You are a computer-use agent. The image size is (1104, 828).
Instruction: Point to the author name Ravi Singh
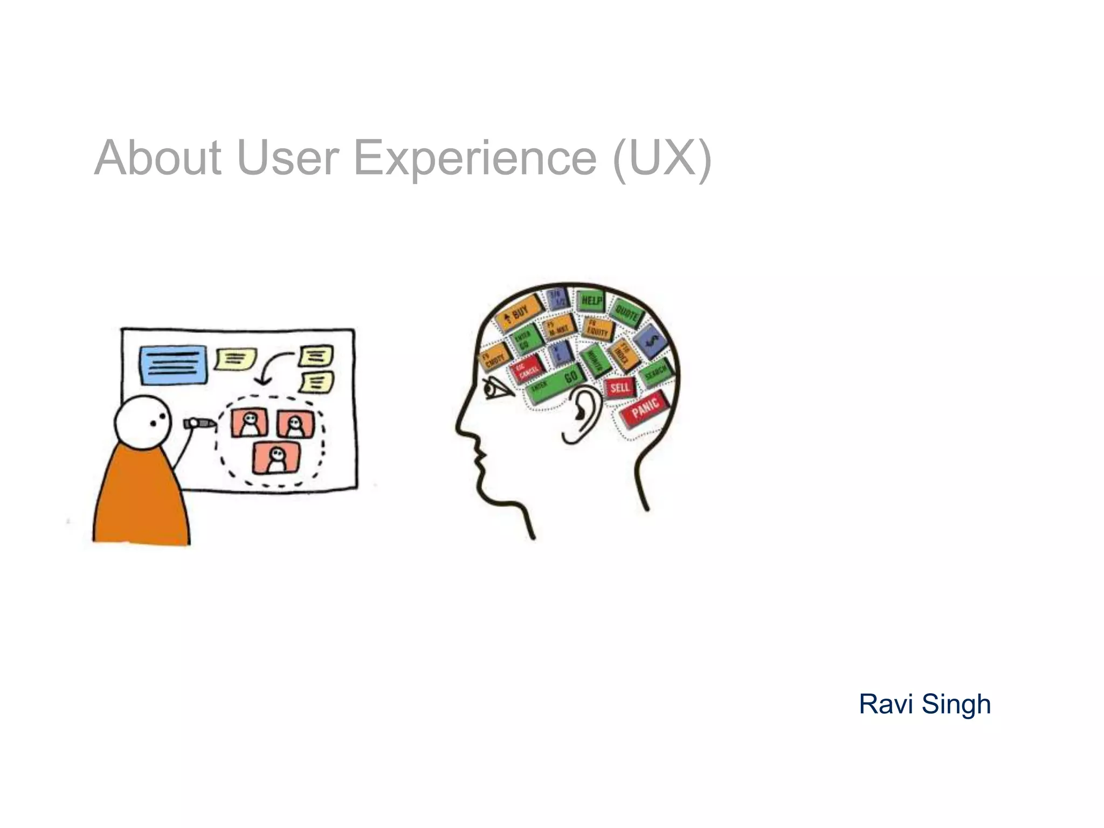(x=924, y=704)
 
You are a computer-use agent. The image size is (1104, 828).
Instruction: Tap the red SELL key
(x=620, y=387)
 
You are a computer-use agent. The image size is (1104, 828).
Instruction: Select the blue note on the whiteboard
(x=172, y=365)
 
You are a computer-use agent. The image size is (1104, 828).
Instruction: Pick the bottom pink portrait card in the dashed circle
(x=276, y=458)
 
